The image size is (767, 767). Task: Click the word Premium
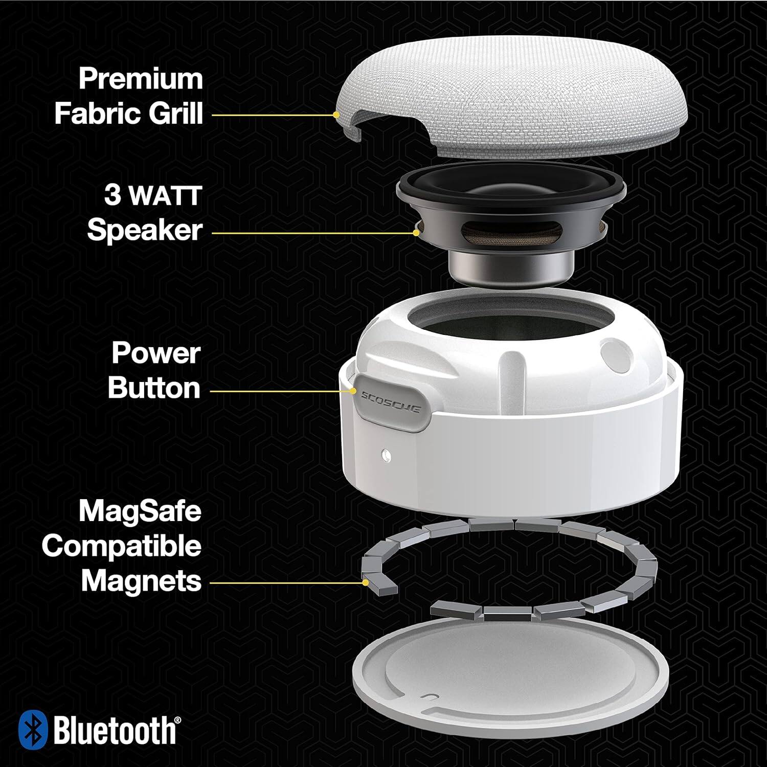pyautogui.click(x=141, y=79)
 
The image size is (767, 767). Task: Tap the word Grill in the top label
pyautogui.click(x=176, y=113)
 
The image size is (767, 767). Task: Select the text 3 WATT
pyautogui.click(x=153, y=196)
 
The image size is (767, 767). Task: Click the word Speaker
pyautogui.click(x=145, y=230)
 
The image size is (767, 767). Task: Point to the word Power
pyautogui.click(x=155, y=353)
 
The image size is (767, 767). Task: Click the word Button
pyautogui.click(x=154, y=388)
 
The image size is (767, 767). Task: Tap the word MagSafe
pyautogui.click(x=140, y=511)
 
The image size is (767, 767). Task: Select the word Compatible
pyautogui.click(x=122, y=546)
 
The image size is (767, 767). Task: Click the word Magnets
pyautogui.click(x=141, y=581)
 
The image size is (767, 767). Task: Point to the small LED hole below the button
pyautogui.click(x=385, y=453)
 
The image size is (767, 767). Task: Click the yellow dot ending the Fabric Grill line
pyautogui.click(x=336, y=115)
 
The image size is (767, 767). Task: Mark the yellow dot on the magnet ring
pyautogui.click(x=366, y=582)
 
